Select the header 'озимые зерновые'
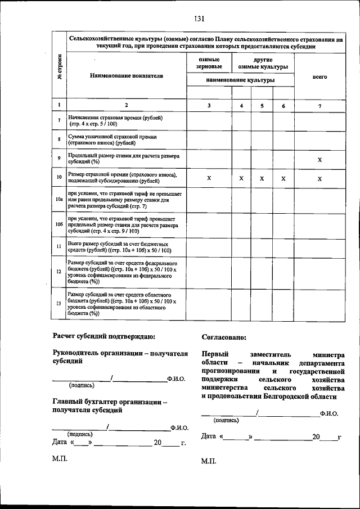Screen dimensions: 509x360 (209, 63)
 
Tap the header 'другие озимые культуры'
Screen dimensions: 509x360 (263, 63)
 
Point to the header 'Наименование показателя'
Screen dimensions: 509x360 (126, 75)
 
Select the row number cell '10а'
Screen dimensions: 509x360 (58, 200)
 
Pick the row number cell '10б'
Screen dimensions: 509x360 (58, 224)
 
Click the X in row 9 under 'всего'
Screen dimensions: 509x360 (319, 160)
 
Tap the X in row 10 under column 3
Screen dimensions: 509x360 (209, 178)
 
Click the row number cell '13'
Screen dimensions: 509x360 (58, 304)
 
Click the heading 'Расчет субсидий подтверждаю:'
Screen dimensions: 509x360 (103, 337)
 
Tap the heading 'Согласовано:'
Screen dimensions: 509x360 (223, 337)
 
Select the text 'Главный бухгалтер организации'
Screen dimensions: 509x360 (107, 402)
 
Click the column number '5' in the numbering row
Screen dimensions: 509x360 (262, 105)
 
